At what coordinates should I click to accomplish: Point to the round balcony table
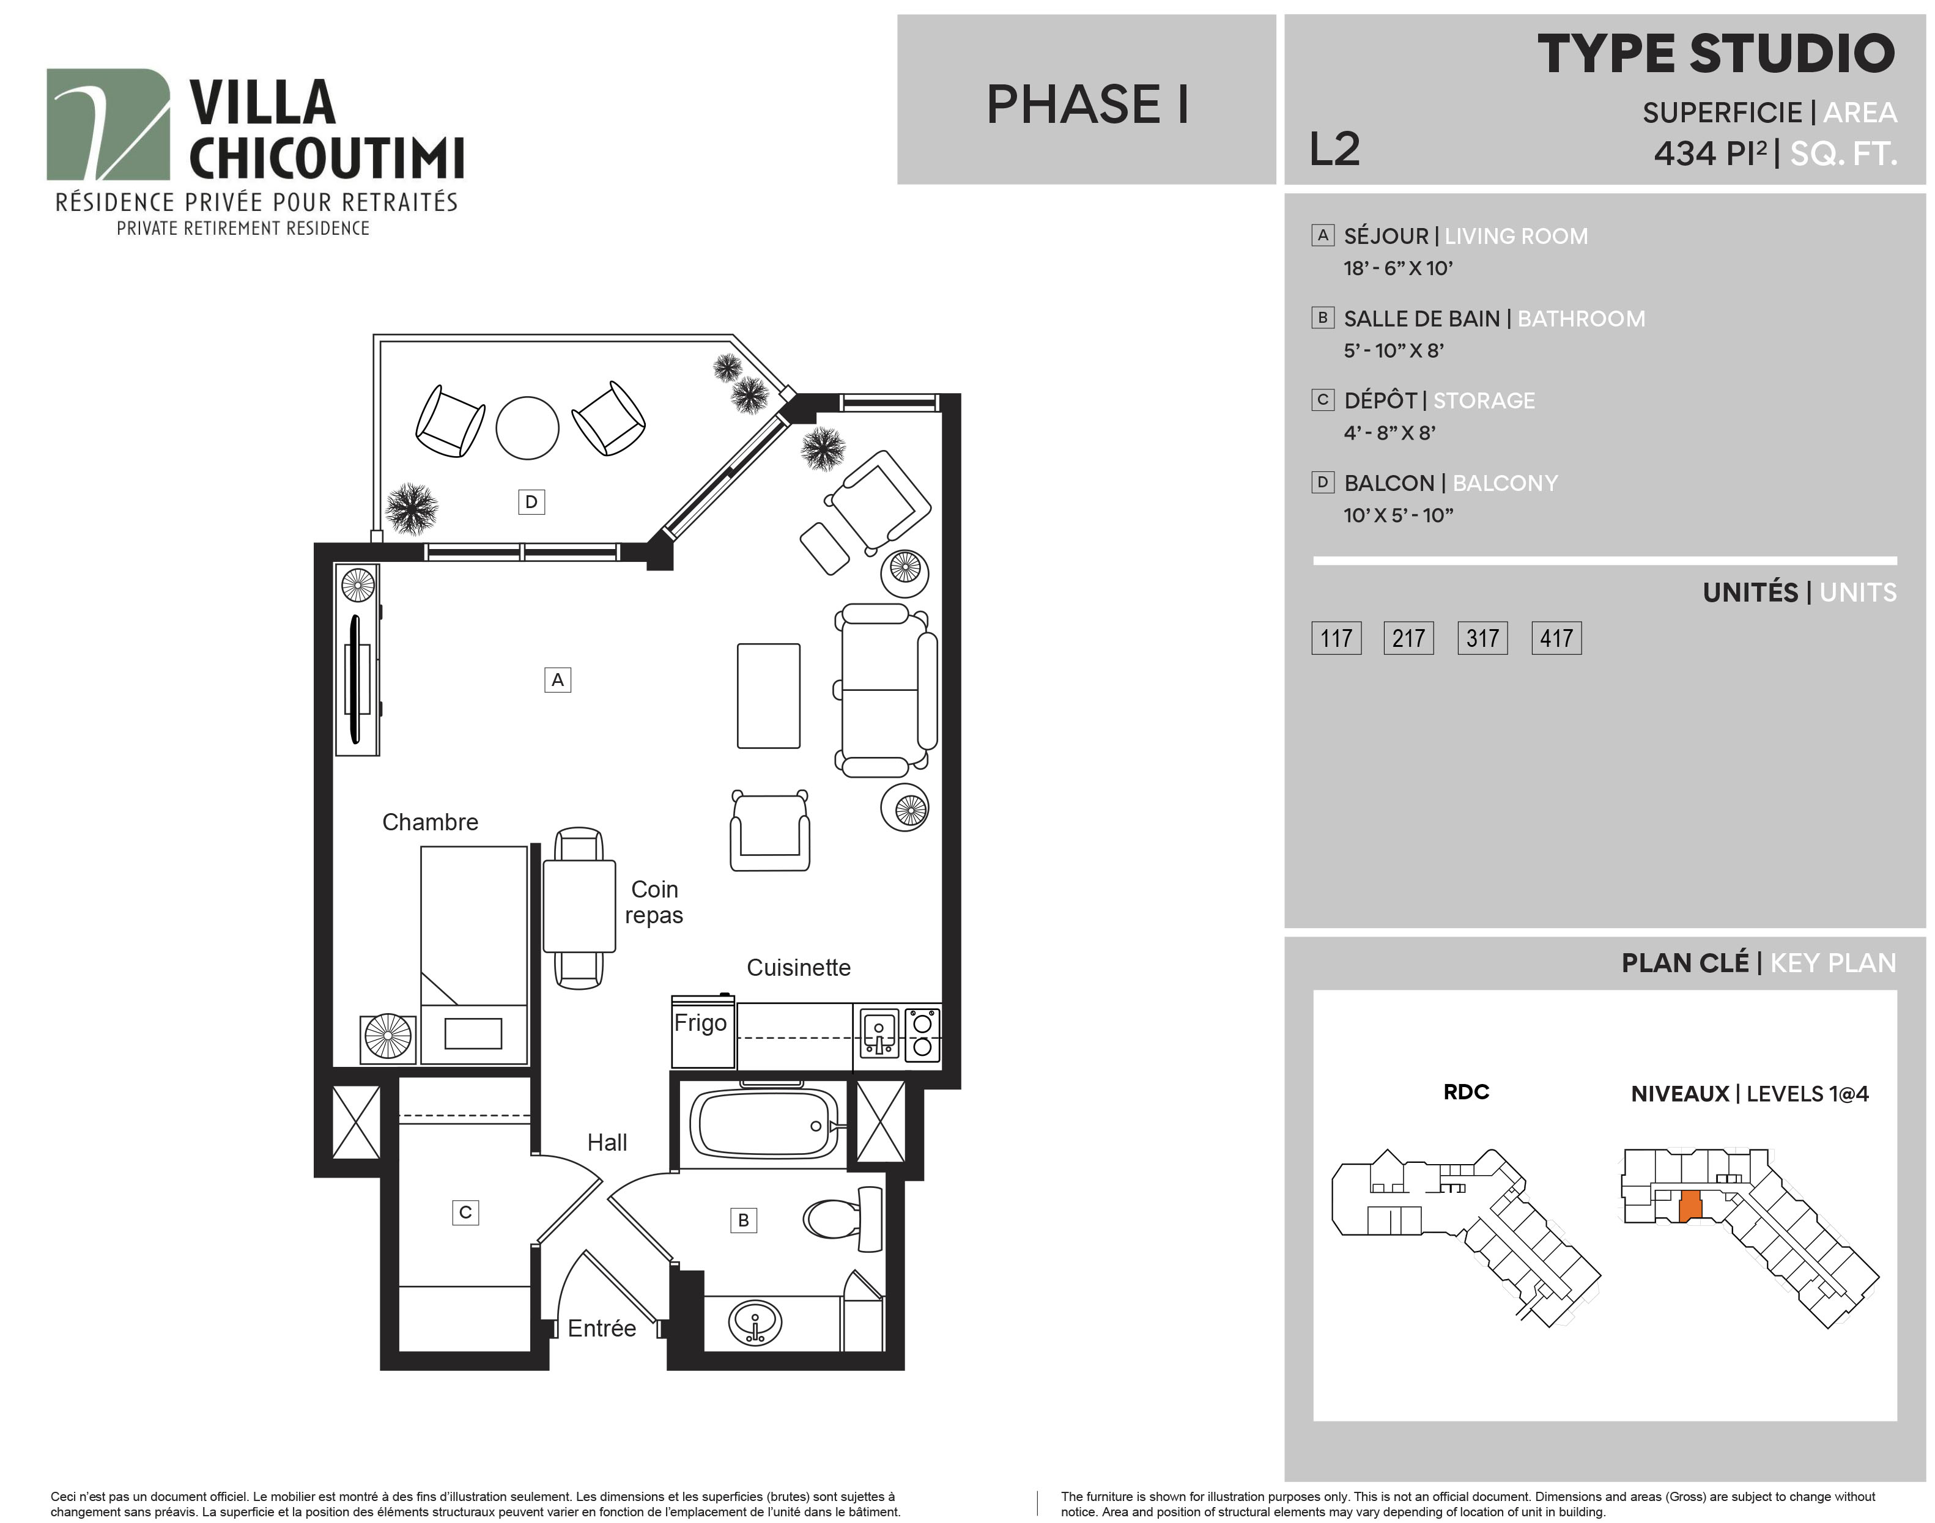[x=527, y=428]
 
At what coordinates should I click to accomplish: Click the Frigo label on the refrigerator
[x=700, y=1023]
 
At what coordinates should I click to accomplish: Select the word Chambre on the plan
[x=430, y=822]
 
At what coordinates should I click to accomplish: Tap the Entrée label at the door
[x=602, y=1329]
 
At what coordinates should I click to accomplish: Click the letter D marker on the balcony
[x=531, y=502]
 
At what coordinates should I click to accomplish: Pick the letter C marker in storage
[x=465, y=1212]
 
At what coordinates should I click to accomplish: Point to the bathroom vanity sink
[x=755, y=1322]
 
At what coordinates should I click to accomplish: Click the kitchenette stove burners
[x=923, y=1034]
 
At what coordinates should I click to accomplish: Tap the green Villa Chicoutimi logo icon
[x=108, y=124]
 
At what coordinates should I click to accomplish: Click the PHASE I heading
[x=1087, y=105]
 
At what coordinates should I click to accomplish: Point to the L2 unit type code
[x=1334, y=149]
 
